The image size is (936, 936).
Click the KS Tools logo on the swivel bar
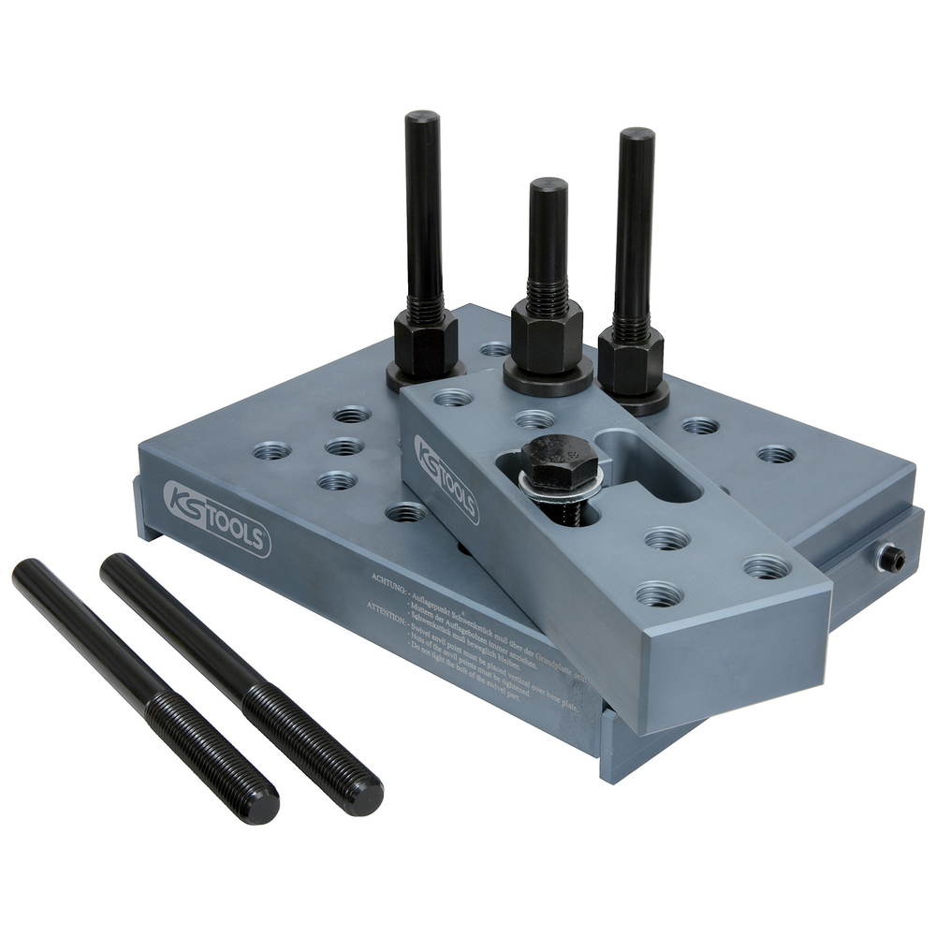pos(447,477)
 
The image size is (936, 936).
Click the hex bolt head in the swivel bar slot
pos(560,461)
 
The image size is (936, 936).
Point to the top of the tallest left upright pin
pos(422,120)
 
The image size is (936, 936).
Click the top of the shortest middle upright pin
pos(548,185)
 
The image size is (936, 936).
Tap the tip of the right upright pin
pos(636,136)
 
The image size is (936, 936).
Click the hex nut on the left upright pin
pos(426,342)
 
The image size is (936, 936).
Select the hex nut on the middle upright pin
pos(548,335)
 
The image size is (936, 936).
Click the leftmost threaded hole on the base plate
pos(271,450)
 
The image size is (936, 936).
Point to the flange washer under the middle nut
pos(548,380)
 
